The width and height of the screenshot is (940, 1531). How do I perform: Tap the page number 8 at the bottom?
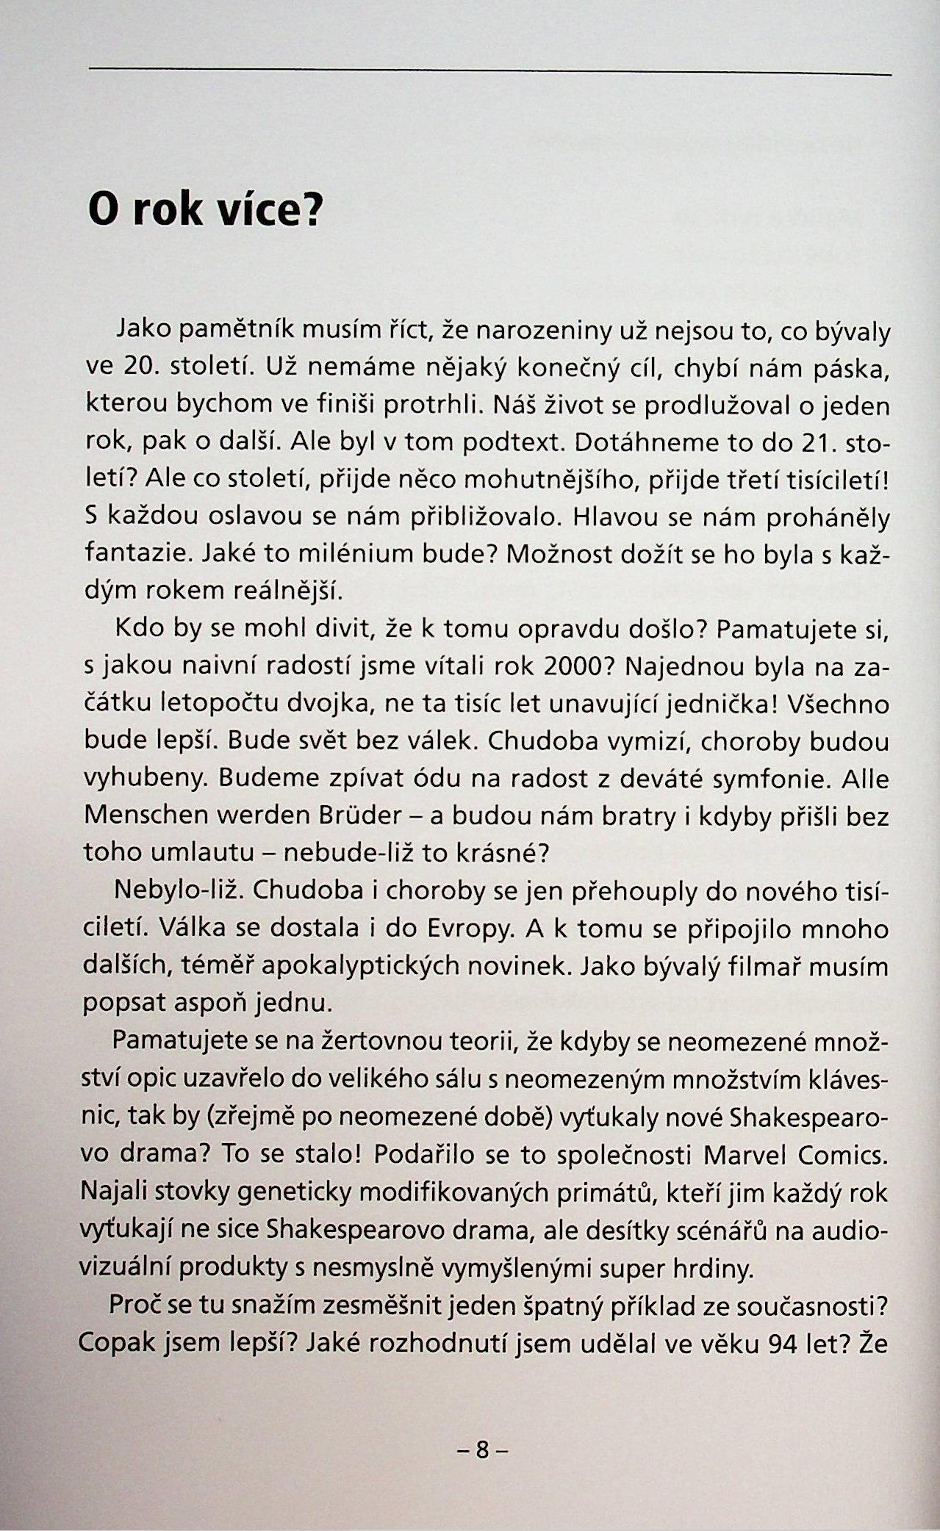[x=482, y=1450]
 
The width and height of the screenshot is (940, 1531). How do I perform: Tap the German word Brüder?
[x=359, y=815]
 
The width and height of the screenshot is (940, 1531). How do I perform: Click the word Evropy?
[x=467, y=929]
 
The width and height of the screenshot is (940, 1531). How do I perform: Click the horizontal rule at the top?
[x=489, y=71]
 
